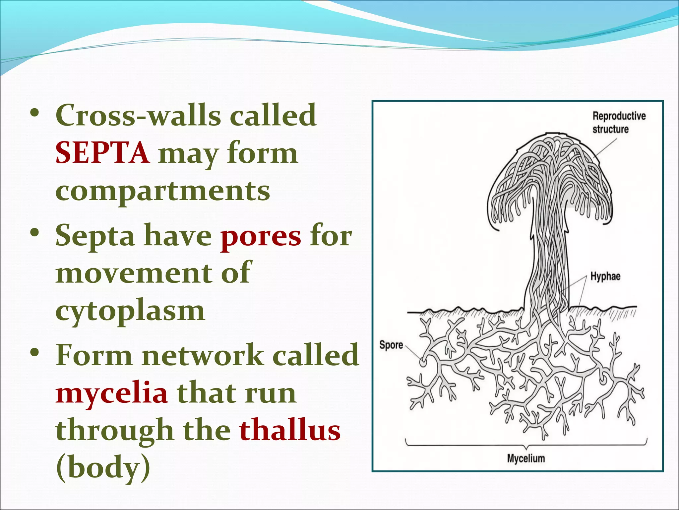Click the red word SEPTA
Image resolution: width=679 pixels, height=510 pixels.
coord(102,153)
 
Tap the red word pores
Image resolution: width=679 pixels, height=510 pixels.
coord(261,236)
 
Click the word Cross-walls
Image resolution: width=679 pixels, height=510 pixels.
coord(138,115)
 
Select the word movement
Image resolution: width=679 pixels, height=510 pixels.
coord(134,273)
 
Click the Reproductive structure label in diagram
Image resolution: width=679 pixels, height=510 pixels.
coord(619,122)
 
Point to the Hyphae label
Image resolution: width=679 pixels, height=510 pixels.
coord(605,276)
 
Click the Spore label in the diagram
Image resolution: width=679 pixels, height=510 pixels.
coord(391,345)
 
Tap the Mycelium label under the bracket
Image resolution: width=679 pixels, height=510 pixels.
coord(526,459)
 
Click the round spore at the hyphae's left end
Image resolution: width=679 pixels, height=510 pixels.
coord(423,362)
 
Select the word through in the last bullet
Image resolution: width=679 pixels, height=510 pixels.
coord(115,431)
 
